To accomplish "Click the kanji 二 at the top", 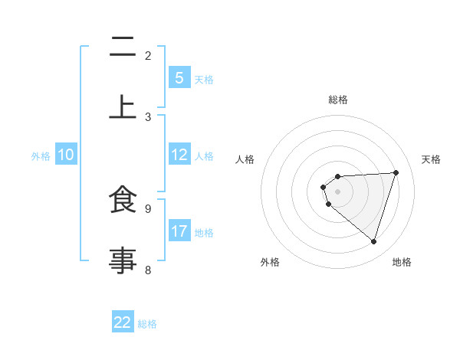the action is click(x=123, y=48).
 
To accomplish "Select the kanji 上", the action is click(x=123, y=107).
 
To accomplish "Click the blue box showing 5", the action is click(x=179, y=78).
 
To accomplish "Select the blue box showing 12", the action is click(x=179, y=155).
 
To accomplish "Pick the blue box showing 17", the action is click(x=179, y=231).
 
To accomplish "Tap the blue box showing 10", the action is click(x=66, y=155).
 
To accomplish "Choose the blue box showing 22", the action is click(x=123, y=322).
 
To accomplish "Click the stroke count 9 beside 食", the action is click(x=147, y=208).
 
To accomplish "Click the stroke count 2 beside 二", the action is click(x=147, y=55).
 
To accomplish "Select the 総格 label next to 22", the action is click(x=147, y=324).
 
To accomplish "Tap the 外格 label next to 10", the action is click(x=41, y=155).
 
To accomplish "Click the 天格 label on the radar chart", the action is click(x=431, y=159).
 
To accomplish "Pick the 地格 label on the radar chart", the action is click(x=402, y=262).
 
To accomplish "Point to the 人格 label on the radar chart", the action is click(x=245, y=159).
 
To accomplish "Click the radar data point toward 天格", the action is click(x=396, y=172).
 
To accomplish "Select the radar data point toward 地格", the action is click(x=373, y=241).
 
